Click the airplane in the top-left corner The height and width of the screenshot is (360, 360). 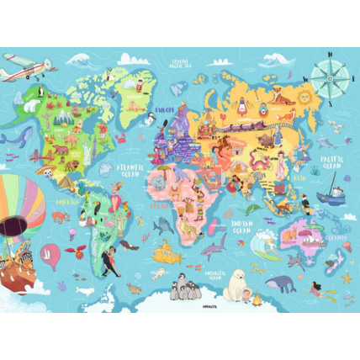click(24, 66)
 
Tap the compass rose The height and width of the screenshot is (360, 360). click(326, 77)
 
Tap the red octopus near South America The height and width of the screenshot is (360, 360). click(60, 216)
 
